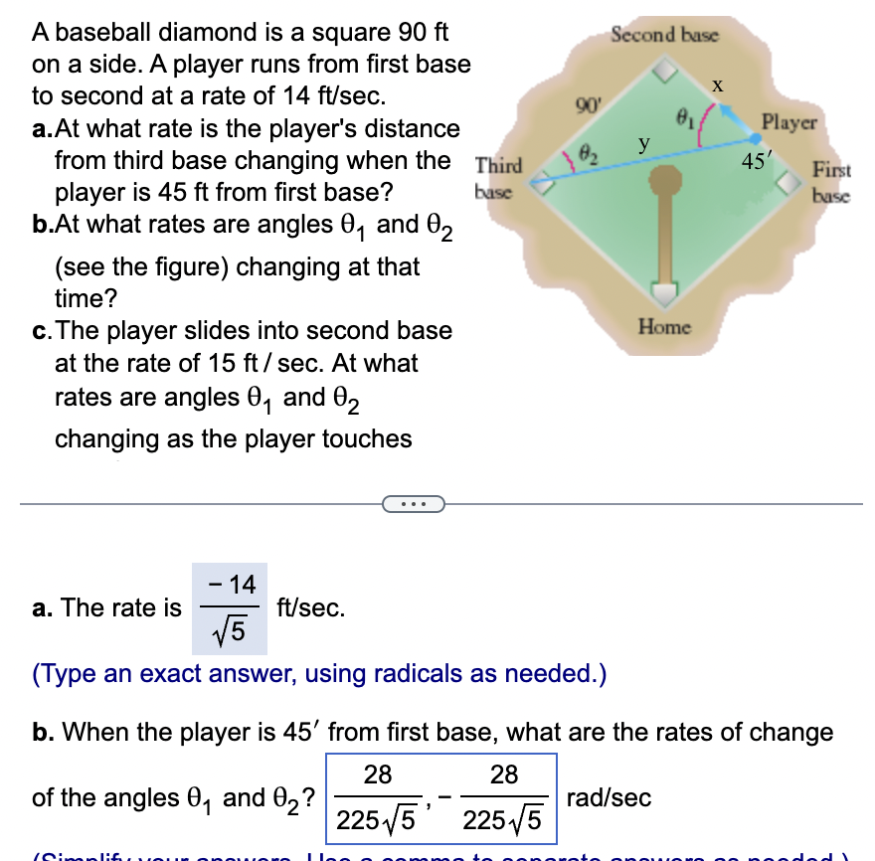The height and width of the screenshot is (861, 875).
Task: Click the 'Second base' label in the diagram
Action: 663,35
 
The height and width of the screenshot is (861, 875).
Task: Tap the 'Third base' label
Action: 493,177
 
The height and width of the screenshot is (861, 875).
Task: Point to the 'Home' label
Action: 664,325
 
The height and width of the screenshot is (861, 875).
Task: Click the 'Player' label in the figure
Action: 788,123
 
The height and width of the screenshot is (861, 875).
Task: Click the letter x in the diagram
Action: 716,86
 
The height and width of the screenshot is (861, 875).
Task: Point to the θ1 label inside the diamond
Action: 684,119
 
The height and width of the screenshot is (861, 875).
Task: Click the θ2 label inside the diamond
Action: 588,154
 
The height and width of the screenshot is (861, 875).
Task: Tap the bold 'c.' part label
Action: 43,330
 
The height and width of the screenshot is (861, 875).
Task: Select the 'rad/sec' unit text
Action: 610,797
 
